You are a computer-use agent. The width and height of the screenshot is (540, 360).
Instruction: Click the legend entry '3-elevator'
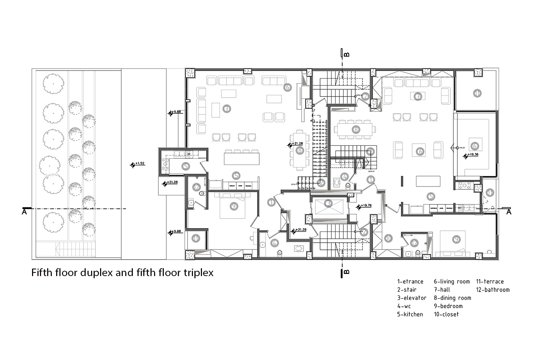click(411, 298)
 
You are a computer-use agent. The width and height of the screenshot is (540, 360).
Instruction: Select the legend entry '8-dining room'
click(452, 298)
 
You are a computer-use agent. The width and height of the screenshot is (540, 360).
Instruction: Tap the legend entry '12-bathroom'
click(492, 290)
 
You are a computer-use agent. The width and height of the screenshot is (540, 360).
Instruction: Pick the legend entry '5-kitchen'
click(410, 314)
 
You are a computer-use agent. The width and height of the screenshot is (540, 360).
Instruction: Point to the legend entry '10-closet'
click(446, 314)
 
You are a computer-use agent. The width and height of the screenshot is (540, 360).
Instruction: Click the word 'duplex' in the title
click(96, 273)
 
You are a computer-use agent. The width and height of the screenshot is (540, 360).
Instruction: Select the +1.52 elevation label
click(140, 163)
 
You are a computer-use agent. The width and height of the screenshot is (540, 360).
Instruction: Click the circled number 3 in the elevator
click(328, 204)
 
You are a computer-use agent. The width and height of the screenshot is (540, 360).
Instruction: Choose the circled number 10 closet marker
click(388, 238)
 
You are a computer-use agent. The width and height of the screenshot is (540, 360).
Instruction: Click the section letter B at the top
click(347, 55)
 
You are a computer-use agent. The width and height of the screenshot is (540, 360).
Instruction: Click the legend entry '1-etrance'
click(410, 282)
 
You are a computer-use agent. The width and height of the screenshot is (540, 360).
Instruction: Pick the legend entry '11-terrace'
click(490, 282)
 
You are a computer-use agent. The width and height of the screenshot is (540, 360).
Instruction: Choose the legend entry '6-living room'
click(451, 282)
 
